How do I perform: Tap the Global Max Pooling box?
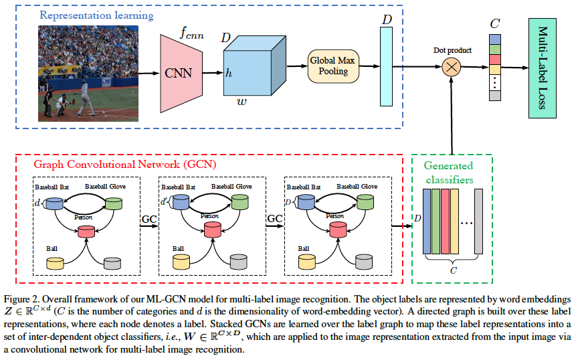point(332,66)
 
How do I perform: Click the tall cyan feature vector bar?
point(386,67)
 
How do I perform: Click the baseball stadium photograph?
point(87,72)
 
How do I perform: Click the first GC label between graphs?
point(149,218)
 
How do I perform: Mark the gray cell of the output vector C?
point(495,96)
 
